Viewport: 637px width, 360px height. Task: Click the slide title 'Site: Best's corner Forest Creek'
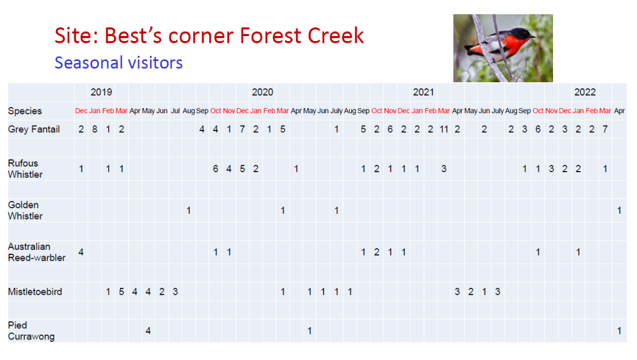tap(209, 35)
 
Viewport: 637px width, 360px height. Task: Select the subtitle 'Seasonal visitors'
tap(118, 63)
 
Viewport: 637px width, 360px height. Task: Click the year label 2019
tap(101, 92)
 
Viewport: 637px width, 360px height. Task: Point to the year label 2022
tap(585, 92)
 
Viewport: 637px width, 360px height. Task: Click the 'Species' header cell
tap(25, 111)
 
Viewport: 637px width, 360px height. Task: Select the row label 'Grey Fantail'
tap(34, 129)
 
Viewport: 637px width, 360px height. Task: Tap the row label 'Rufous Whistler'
tap(26, 168)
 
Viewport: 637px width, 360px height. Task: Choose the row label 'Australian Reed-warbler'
tap(37, 252)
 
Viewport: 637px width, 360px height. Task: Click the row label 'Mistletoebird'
tap(35, 292)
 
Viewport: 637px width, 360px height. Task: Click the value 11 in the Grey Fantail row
tap(444, 129)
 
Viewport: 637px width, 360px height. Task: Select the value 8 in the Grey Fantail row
tap(95, 129)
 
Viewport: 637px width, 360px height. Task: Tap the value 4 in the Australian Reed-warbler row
tap(81, 252)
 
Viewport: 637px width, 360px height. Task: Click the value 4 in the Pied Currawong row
tap(148, 331)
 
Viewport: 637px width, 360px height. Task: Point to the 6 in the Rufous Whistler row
tap(215, 169)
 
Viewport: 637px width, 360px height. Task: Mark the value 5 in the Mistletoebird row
tap(121, 292)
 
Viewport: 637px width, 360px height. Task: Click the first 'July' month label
tap(337, 111)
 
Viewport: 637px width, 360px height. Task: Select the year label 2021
tap(424, 92)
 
